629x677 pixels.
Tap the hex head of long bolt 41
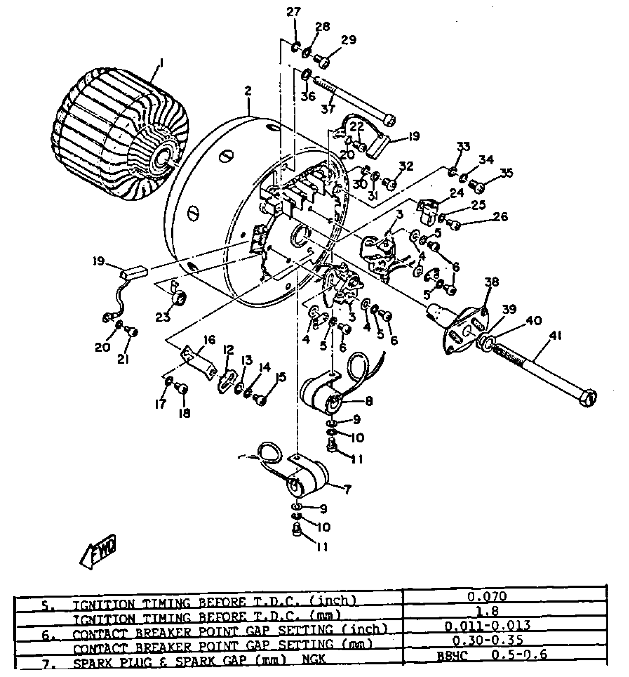588,399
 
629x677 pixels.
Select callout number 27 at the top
294,12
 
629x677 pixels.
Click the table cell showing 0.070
487,597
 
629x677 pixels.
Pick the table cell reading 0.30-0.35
488,640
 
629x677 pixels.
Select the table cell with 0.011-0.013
488,626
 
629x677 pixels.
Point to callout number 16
209,339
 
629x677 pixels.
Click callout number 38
492,282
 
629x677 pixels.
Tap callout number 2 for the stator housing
248,91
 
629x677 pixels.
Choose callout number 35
507,173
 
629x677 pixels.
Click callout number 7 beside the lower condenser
347,490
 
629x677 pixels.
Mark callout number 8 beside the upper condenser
369,401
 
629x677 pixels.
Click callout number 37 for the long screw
328,109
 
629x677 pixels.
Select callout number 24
457,193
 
